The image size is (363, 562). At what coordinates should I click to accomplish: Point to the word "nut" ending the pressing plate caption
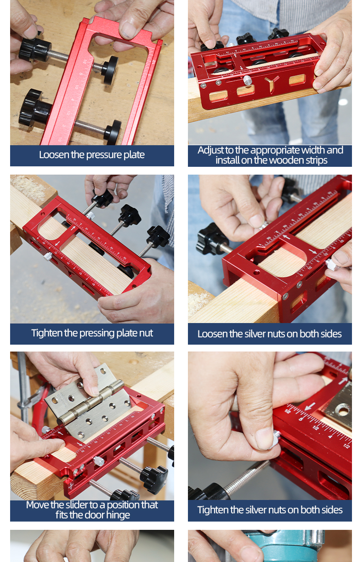[x=147, y=334]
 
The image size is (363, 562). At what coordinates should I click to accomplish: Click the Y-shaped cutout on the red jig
[x=272, y=84]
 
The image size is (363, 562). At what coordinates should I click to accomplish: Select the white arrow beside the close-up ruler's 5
[x=310, y=406]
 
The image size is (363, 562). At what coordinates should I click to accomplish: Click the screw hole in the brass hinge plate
[x=343, y=411]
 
